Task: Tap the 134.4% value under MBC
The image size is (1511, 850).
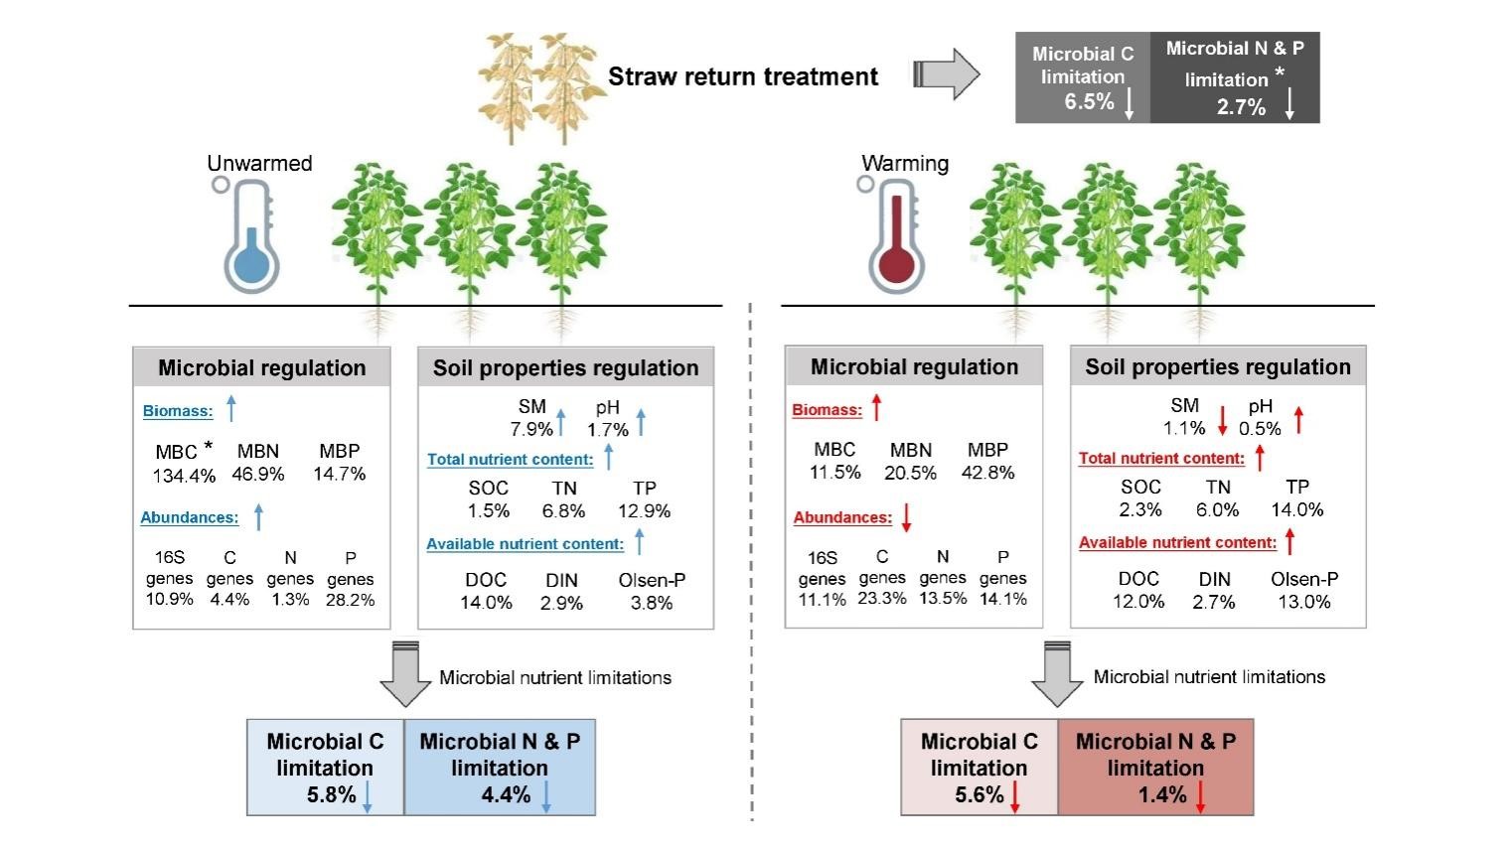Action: tap(184, 476)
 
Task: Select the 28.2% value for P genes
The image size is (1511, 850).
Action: tap(350, 600)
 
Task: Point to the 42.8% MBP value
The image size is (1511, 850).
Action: tap(987, 473)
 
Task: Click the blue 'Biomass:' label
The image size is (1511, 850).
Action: tap(178, 411)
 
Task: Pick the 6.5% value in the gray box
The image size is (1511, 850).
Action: tap(1089, 101)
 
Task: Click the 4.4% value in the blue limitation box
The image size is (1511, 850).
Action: tap(506, 794)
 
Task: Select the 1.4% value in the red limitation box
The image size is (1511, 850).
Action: tap(1162, 794)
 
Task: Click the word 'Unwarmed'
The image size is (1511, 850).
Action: tap(259, 163)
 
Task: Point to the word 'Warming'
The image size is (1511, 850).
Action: tap(905, 163)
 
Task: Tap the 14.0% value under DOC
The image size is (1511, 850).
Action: tap(486, 603)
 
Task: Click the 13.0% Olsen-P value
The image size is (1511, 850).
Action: tap(1304, 602)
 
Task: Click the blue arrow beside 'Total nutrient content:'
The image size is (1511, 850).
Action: tap(609, 458)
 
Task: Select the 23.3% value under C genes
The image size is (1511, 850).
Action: tap(882, 599)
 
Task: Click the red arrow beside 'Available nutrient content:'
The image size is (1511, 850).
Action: tap(1290, 541)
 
